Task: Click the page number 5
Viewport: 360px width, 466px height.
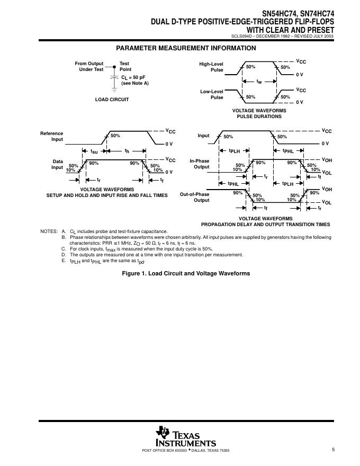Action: pos(334,450)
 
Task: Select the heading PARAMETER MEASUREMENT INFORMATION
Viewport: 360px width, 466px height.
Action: pos(186,48)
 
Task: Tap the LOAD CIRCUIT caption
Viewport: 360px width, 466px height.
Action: pos(112,99)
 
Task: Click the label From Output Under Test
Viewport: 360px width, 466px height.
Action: pos(89,66)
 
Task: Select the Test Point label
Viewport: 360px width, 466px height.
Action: pos(125,66)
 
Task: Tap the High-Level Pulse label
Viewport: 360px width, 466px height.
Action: pos(211,67)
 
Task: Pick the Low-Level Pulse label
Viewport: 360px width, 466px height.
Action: pos(212,94)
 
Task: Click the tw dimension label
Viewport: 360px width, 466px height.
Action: pos(259,82)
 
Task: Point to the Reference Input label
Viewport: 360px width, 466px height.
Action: pos(52,136)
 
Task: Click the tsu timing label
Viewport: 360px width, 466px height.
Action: pos(94,151)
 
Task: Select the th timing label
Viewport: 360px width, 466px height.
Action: pos(127,151)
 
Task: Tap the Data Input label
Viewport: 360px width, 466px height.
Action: pos(57,164)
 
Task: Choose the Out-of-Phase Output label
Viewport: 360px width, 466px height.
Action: pos(195,197)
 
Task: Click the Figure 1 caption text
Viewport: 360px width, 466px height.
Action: pos(186,273)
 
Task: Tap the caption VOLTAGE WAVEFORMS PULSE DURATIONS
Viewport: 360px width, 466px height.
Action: pos(259,113)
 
